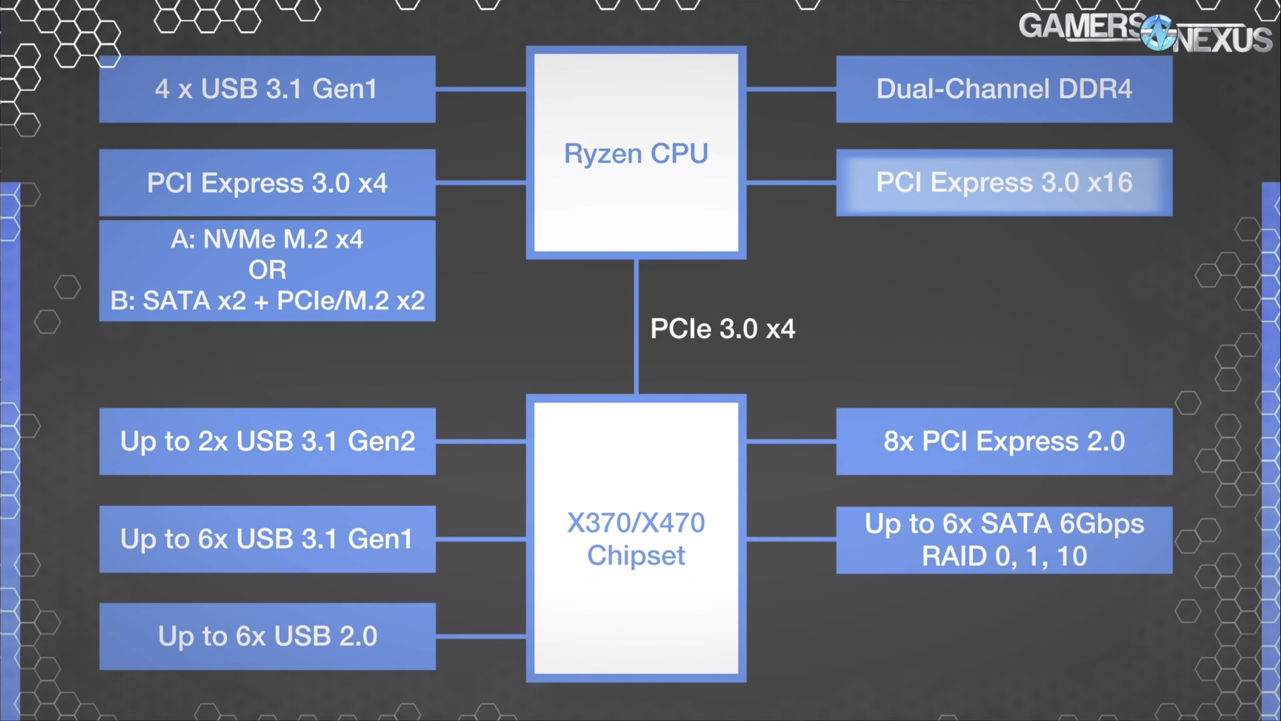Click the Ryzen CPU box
click(636, 153)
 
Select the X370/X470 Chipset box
click(636, 538)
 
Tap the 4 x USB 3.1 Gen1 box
click(267, 89)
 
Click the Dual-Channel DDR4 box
click(1004, 89)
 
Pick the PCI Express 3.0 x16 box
click(1004, 183)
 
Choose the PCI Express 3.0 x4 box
click(267, 183)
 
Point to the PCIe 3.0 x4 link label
click(723, 329)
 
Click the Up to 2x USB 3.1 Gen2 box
click(267, 441)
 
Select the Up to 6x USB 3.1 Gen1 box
click(267, 539)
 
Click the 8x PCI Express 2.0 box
click(1004, 441)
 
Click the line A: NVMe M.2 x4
click(267, 239)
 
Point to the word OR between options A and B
click(267, 270)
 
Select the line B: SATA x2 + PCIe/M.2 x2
click(267, 300)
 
